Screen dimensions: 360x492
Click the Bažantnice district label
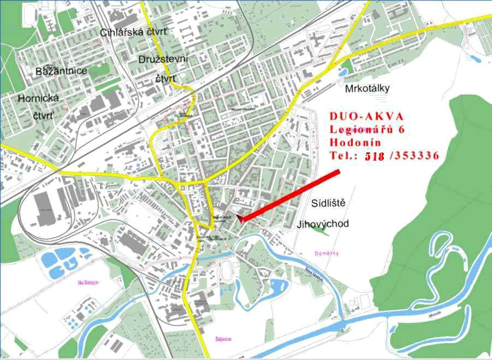pos(61,71)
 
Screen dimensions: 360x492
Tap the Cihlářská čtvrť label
pos(134,32)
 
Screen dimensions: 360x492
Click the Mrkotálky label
pos(367,88)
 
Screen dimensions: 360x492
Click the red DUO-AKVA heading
pos(366,116)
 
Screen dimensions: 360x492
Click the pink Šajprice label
pos(223,339)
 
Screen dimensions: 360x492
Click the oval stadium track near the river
pos(224,269)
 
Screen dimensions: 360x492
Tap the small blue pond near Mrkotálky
pos(345,70)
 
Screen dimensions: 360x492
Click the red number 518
pos(375,156)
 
